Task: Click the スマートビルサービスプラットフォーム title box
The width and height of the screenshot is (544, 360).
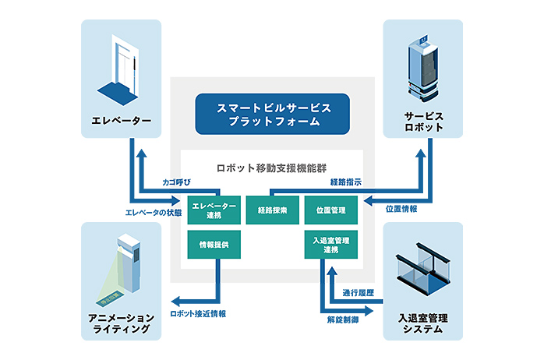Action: pyautogui.click(x=272, y=113)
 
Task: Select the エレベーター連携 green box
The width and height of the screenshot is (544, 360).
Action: pyautogui.click(x=213, y=210)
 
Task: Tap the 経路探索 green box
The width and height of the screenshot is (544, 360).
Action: pyautogui.click(x=272, y=210)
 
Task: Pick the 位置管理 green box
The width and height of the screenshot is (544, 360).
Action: pyautogui.click(x=330, y=210)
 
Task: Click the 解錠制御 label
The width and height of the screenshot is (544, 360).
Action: pyautogui.click(x=342, y=319)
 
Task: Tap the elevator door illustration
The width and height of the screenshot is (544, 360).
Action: pyautogui.click(x=118, y=65)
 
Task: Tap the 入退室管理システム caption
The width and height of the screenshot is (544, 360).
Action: pyautogui.click(x=423, y=323)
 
